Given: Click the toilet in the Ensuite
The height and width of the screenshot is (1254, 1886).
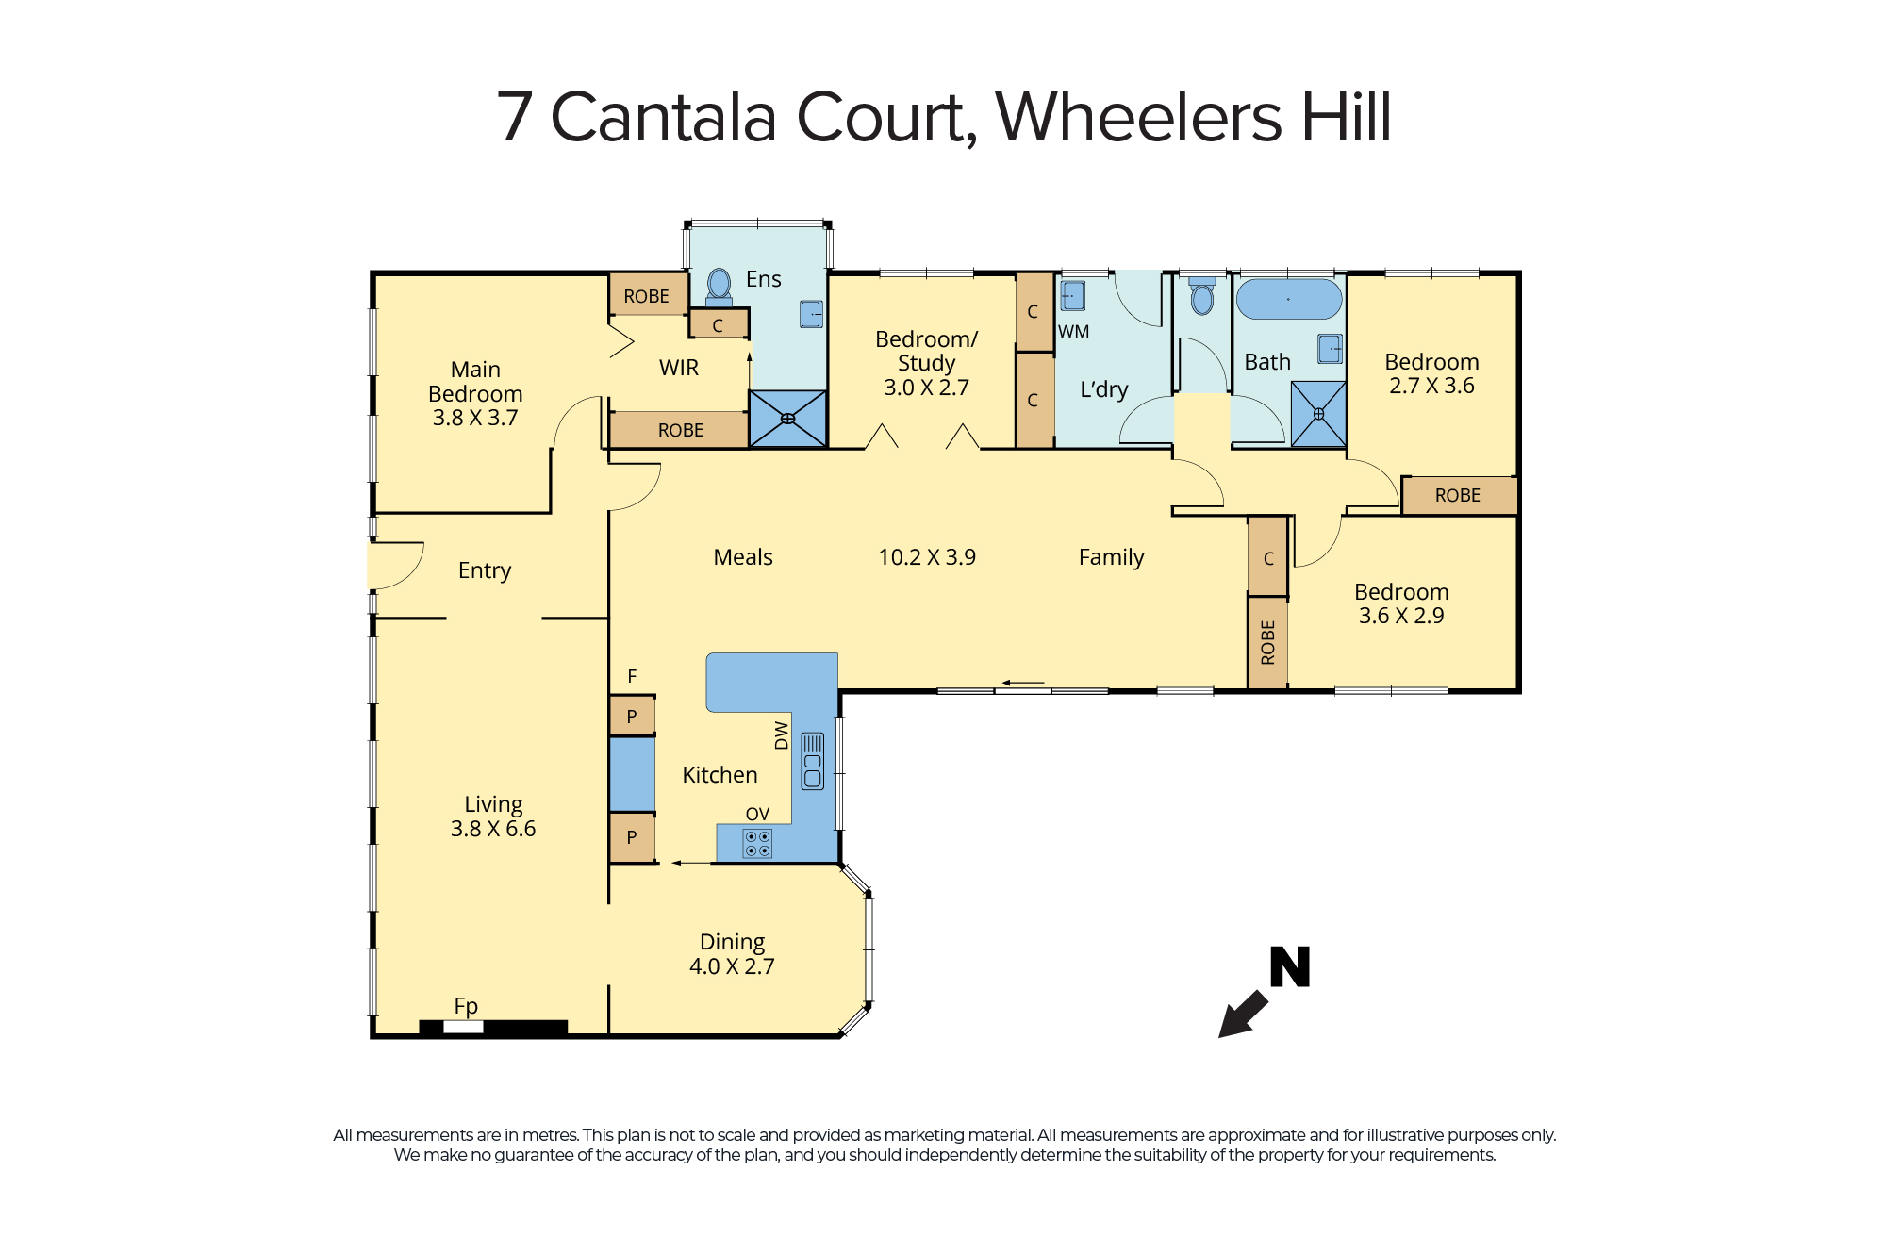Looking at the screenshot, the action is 719,287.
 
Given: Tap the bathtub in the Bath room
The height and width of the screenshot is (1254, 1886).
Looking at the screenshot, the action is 1289,299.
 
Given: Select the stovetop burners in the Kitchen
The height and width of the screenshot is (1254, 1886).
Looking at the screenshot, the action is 757,843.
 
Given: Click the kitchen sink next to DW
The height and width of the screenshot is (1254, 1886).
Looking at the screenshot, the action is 812,761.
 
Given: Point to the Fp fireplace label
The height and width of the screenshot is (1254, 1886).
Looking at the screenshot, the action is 466,1006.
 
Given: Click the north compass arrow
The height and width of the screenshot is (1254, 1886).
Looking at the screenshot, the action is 1244,1014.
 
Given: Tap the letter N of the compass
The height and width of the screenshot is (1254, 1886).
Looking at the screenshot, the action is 1290,966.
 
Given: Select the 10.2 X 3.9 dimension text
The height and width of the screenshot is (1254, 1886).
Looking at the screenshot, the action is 927,557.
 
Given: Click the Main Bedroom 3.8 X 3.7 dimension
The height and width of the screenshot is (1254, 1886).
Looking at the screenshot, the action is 475,418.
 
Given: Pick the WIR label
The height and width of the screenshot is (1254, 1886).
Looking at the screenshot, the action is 679,368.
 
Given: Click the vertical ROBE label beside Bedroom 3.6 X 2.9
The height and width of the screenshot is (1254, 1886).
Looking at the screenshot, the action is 1267,642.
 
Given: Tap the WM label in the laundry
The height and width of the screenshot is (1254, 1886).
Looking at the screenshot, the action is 1073,332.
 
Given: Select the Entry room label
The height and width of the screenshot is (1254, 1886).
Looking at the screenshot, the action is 485,570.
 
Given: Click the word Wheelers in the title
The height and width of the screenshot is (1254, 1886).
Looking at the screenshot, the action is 1138,118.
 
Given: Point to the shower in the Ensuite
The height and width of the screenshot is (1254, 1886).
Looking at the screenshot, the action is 787,419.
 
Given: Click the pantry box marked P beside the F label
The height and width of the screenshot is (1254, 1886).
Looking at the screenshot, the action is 632,716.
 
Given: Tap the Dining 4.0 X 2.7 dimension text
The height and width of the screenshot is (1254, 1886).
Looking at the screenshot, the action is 732,966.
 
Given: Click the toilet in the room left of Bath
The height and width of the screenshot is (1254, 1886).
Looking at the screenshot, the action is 1202,295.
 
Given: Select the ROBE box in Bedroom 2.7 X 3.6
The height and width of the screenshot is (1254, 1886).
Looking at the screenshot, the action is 1458,495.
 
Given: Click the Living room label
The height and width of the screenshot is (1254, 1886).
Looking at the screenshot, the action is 493,804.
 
